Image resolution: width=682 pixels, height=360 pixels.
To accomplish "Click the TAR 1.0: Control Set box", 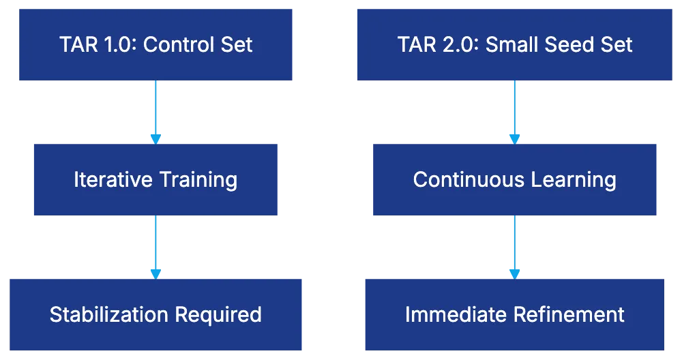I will [155, 44].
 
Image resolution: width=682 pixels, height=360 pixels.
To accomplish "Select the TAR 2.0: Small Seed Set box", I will [514, 44].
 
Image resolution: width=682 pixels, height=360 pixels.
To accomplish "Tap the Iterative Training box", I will [155, 180].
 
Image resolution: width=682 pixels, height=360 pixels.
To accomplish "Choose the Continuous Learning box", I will [514, 180].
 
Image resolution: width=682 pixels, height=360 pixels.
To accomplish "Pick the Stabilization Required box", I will [155, 314].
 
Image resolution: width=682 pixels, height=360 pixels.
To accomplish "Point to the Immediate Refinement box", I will [514, 314].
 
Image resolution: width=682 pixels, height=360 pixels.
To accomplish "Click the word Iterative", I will [113, 180].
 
